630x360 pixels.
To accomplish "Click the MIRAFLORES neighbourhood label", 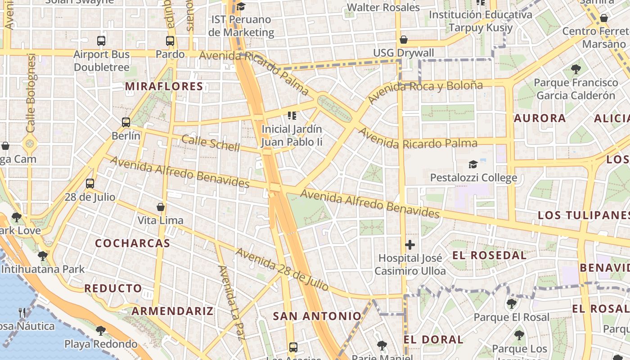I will pyautogui.click(x=164, y=86).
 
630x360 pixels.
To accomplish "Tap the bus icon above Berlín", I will pyautogui.click(x=126, y=122).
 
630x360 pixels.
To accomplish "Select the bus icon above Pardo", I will pyautogui.click(x=170, y=41).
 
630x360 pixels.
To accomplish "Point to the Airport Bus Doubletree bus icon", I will pyautogui.click(x=101, y=41).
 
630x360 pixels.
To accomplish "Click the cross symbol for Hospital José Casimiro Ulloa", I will pyautogui.click(x=410, y=245).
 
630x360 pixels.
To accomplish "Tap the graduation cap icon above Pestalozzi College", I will pyautogui.click(x=473, y=164).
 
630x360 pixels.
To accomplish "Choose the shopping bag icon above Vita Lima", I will pyautogui.click(x=161, y=207).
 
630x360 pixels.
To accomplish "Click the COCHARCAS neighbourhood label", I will pyautogui.click(x=132, y=243).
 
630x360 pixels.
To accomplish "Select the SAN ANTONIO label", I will pyautogui.click(x=317, y=316).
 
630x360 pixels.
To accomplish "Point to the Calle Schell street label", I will pyautogui.click(x=211, y=143).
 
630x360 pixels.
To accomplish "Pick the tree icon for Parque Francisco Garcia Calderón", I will pyautogui.click(x=576, y=69).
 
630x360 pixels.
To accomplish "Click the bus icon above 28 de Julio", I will pyautogui.click(x=90, y=183).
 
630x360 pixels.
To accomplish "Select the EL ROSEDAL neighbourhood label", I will pyautogui.click(x=489, y=256).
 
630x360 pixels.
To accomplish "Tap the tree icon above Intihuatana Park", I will pyautogui.click(x=43, y=256).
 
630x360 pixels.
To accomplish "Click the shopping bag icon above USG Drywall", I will pyautogui.click(x=404, y=40).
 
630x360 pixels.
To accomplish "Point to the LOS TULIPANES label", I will pyautogui.click(x=583, y=215).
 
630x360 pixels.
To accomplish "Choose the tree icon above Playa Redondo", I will pyautogui.click(x=101, y=331).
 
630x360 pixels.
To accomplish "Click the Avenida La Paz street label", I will pyautogui.click(x=231, y=302).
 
